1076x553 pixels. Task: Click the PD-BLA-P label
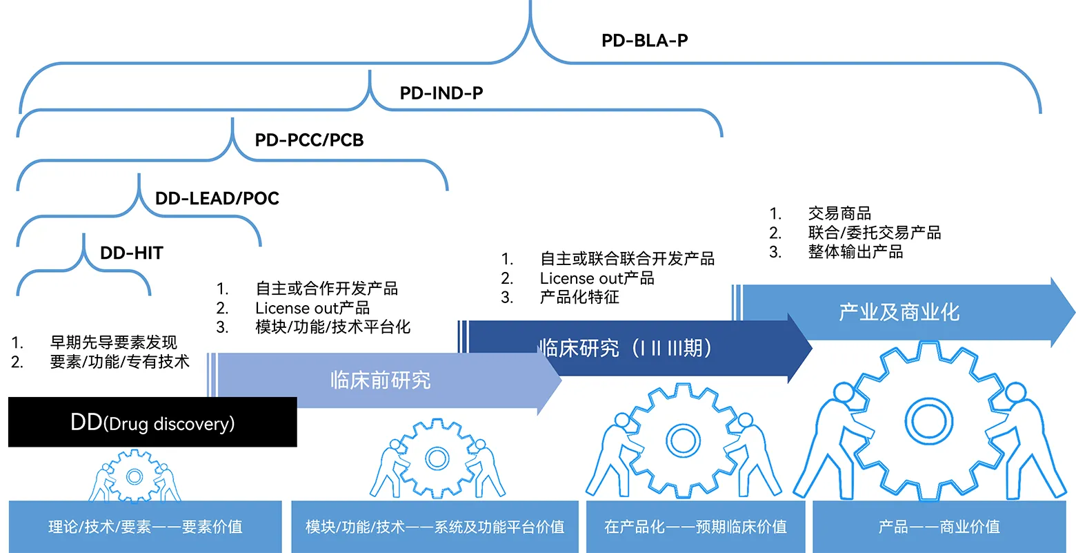(644, 41)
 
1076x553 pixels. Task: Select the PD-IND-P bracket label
(441, 93)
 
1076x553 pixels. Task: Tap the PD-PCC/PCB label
(309, 140)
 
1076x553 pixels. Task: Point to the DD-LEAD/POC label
(217, 199)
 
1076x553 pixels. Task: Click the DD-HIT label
(132, 253)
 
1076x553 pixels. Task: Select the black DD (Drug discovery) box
(152, 422)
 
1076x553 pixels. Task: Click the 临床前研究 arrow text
(380, 380)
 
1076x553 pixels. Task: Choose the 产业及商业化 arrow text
(899, 312)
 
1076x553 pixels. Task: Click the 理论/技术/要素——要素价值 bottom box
(145, 527)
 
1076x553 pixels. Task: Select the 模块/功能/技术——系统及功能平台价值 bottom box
(435, 527)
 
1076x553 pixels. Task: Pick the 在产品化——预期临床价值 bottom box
(695, 527)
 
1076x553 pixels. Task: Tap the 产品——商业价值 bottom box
(939, 527)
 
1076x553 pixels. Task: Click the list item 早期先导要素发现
(114, 342)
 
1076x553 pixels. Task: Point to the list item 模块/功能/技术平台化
(332, 327)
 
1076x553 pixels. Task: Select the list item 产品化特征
(579, 298)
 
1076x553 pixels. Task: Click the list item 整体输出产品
(855, 252)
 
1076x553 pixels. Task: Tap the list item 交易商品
(839, 213)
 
